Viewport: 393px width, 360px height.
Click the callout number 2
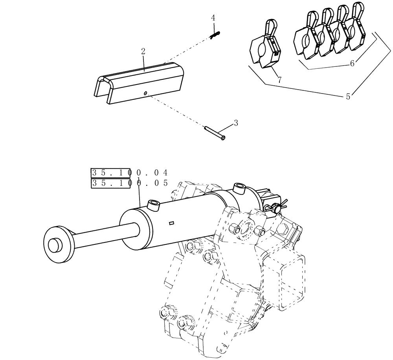(143, 51)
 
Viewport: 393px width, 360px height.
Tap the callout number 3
(236, 123)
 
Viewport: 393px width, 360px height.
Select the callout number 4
(213, 18)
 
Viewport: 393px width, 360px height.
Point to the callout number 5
(348, 97)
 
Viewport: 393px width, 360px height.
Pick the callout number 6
(352, 63)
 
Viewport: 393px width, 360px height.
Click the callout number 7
(279, 80)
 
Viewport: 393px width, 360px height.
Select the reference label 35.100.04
(129, 173)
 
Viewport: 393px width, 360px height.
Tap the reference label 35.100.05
(129, 183)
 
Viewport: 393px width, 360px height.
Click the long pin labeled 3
(215, 132)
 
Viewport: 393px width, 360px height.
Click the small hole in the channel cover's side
(145, 93)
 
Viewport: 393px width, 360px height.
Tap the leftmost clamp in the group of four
(307, 39)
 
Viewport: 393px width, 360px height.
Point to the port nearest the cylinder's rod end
(152, 205)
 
